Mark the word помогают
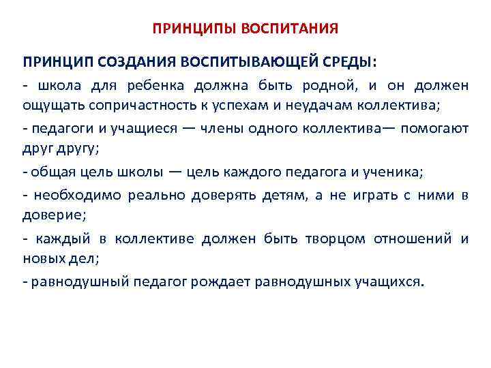point(438,129)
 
